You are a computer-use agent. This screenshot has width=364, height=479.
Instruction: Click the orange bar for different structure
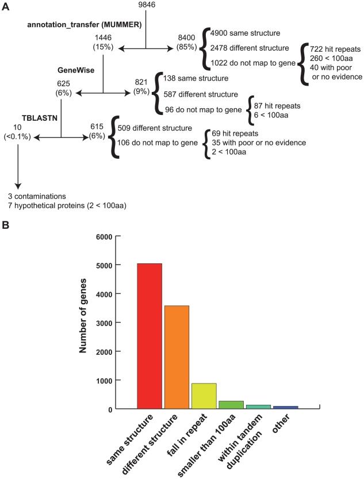(x=177, y=357)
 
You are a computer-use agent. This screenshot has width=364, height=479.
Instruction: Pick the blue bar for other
(x=285, y=407)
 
